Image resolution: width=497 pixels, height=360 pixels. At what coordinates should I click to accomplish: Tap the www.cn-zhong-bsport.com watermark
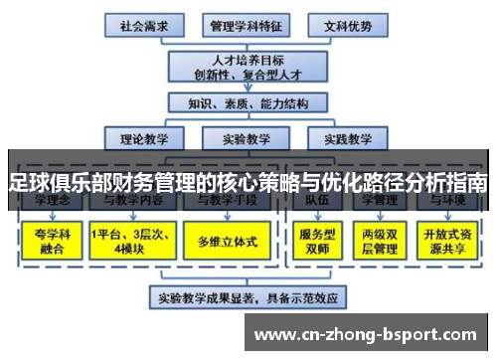(x=371, y=334)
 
